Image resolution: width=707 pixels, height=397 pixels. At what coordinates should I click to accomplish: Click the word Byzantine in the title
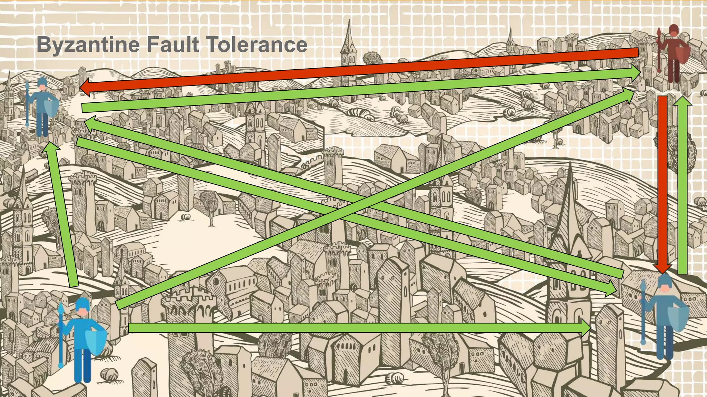click(x=88, y=45)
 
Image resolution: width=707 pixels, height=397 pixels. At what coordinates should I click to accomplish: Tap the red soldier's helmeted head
click(x=673, y=30)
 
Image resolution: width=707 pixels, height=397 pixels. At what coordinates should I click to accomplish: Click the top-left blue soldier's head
click(x=42, y=84)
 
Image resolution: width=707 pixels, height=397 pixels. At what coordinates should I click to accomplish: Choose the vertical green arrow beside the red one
click(x=682, y=186)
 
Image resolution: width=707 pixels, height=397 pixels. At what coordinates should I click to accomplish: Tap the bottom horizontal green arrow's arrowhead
click(x=585, y=328)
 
